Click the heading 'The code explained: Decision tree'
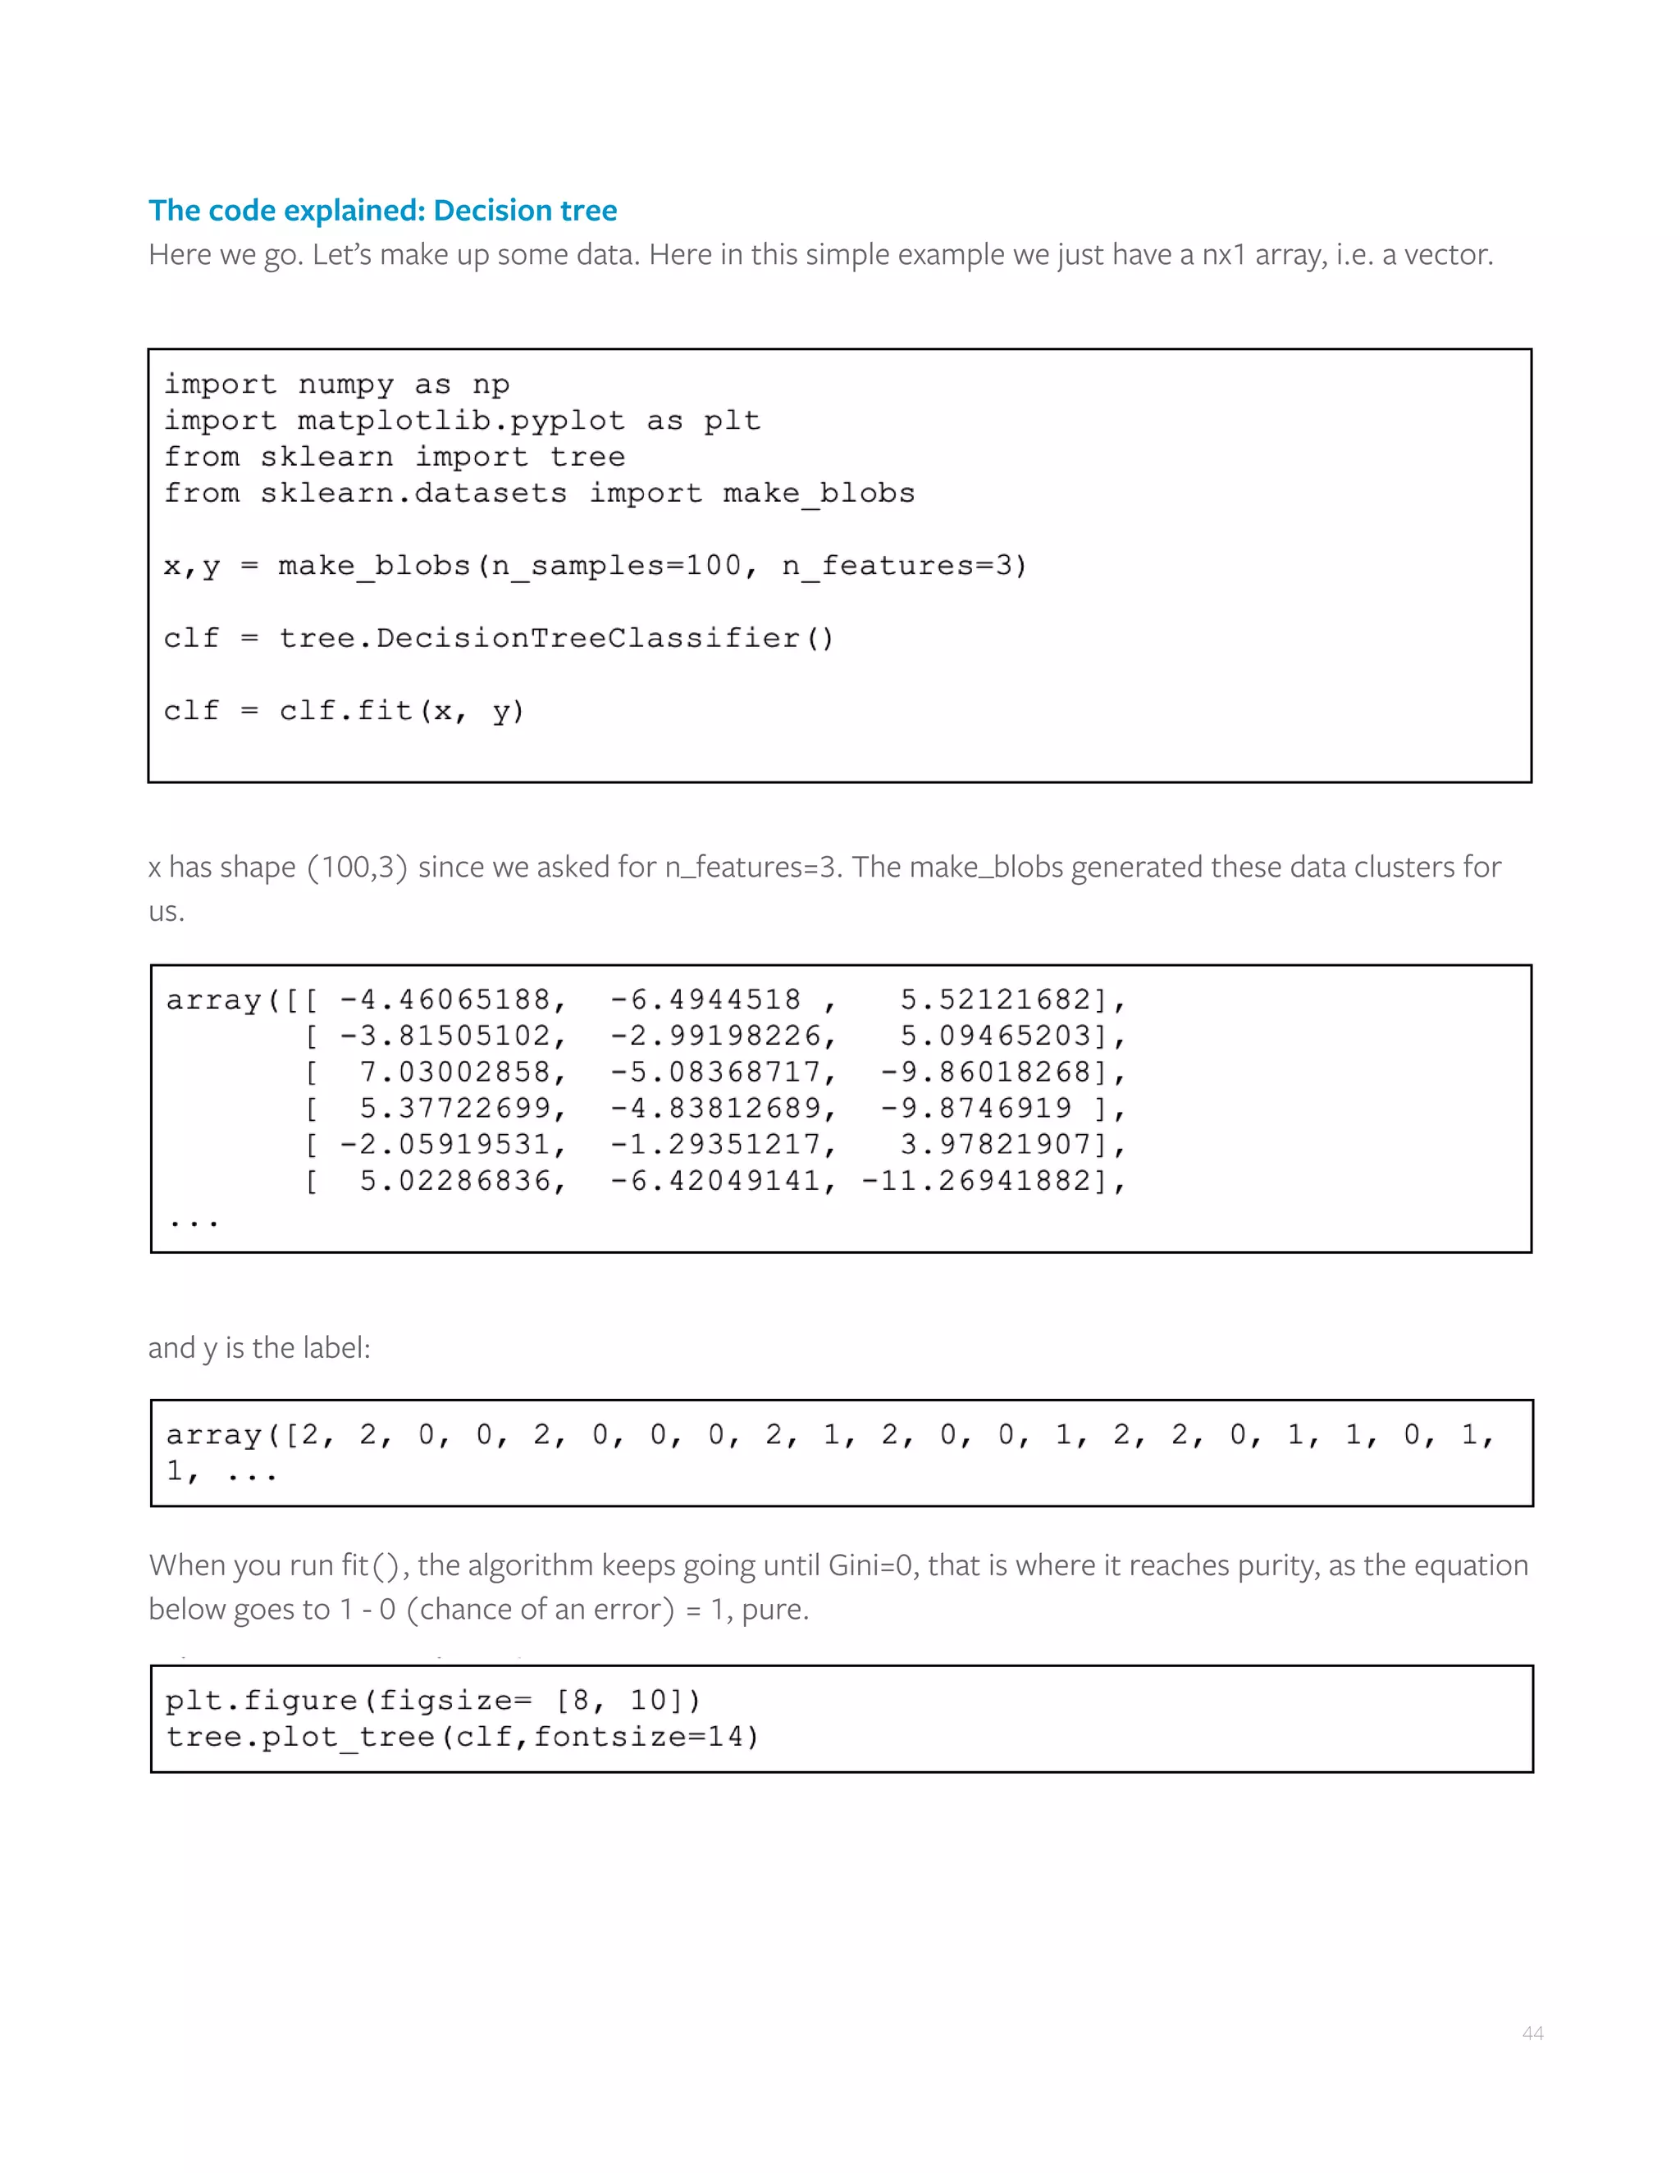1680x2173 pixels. click(x=382, y=211)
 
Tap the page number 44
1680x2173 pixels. click(x=1532, y=2033)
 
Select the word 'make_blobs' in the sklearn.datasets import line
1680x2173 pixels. click(x=818, y=493)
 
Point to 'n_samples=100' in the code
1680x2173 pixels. click(x=616, y=565)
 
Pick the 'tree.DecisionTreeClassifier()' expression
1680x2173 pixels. click(x=555, y=638)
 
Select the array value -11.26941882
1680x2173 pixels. click(x=985, y=1180)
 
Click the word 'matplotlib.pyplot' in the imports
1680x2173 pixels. click(x=461, y=421)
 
